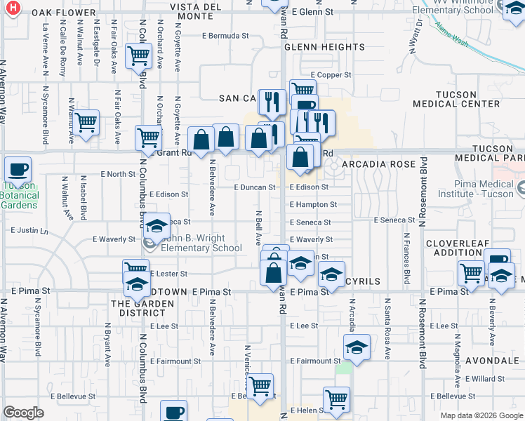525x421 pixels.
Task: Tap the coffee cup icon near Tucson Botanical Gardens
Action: [18, 170]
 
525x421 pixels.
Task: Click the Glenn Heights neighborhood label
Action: [324, 47]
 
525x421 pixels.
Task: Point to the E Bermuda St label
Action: [225, 35]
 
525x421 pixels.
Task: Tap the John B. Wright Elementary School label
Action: [201, 243]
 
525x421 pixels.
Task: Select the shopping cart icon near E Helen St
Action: [336, 399]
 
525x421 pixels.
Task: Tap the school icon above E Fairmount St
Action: [356, 347]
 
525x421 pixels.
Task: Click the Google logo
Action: [23, 413]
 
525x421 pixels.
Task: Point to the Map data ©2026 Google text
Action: [481, 415]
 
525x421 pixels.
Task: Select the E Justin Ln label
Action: [29, 229]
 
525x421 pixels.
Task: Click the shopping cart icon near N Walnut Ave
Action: [86, 122]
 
